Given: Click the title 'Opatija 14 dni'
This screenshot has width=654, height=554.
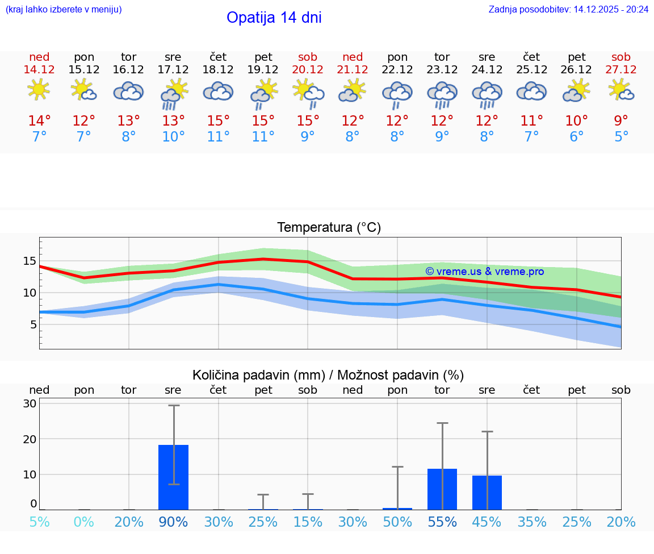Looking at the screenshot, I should click(274, 18).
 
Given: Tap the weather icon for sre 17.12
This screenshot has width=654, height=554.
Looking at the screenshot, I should click(174, 94).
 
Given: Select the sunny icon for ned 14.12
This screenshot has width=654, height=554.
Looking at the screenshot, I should click(39, 90).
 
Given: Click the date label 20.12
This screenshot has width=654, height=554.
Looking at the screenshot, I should click(308, 69).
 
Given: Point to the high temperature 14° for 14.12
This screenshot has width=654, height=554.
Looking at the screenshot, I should click(39, 120).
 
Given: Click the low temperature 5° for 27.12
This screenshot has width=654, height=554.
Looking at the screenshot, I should click(621, 137).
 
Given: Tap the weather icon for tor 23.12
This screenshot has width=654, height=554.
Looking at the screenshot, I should click(442, 94).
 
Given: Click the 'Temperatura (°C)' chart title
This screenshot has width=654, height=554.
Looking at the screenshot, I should click(329, 228).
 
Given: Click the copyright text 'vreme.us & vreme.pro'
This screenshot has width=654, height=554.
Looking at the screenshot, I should click(484, 272).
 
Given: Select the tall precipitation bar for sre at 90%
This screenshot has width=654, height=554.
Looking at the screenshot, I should click(174, 477).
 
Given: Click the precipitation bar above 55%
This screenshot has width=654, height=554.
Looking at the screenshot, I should click(442, 489).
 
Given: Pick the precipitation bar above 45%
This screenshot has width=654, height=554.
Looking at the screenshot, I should click(487, 492).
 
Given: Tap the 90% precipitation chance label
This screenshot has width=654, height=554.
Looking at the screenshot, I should click(174, 522).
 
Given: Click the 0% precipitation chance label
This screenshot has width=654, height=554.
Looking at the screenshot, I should click(84, 522).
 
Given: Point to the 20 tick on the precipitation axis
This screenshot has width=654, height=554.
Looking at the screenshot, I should click(30, 439).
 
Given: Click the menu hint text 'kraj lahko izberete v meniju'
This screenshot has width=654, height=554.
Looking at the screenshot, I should click(64, 9).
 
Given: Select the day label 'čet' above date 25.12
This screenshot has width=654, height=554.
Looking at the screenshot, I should click(531, 57).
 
